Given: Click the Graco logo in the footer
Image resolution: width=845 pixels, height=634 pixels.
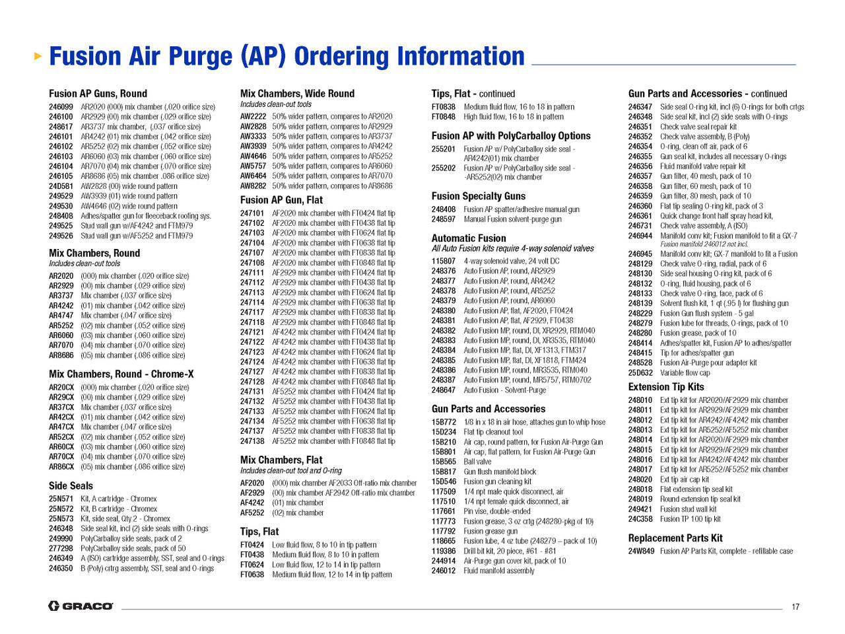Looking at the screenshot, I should tap(81, 606).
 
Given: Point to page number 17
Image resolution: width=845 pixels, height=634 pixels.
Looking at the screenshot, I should tap(795, 607).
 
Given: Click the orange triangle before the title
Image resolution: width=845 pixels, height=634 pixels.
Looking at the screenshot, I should tap(38, 57).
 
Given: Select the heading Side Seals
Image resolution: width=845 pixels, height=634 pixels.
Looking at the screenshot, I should tap(71, 485).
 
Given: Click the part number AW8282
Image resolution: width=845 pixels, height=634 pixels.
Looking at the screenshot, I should tap(253, 186).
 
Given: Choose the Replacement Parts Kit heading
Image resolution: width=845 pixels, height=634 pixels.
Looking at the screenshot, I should tap(675, 538).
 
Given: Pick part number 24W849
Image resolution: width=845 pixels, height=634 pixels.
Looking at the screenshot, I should tap(641, 551).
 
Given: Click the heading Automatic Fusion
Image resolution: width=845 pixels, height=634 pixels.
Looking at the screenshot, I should tap(469, 238).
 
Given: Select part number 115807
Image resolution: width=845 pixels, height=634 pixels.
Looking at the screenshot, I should tap(444, 261).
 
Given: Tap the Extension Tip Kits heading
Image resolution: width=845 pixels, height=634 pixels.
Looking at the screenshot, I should tap(666, 386).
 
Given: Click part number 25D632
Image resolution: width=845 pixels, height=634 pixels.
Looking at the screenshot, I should tap(640, 373).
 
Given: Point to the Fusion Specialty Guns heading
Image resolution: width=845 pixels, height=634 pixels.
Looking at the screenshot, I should tap(479, 196).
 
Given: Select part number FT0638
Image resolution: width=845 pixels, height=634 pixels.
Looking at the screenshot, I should tap(252, 575).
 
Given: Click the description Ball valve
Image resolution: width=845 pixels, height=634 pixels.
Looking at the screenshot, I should tap(477, 462).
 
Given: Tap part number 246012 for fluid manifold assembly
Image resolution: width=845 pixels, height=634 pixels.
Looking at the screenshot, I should tap(444, 571).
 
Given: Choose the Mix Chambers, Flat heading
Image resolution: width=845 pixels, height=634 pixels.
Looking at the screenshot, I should tap(281, 460).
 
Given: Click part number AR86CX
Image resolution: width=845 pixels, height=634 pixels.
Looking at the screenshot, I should tap(61, 467).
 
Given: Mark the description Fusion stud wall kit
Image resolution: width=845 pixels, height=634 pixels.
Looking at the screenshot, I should tap(688, 509).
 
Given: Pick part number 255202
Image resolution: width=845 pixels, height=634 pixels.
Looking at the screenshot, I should tap(444, 168).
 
